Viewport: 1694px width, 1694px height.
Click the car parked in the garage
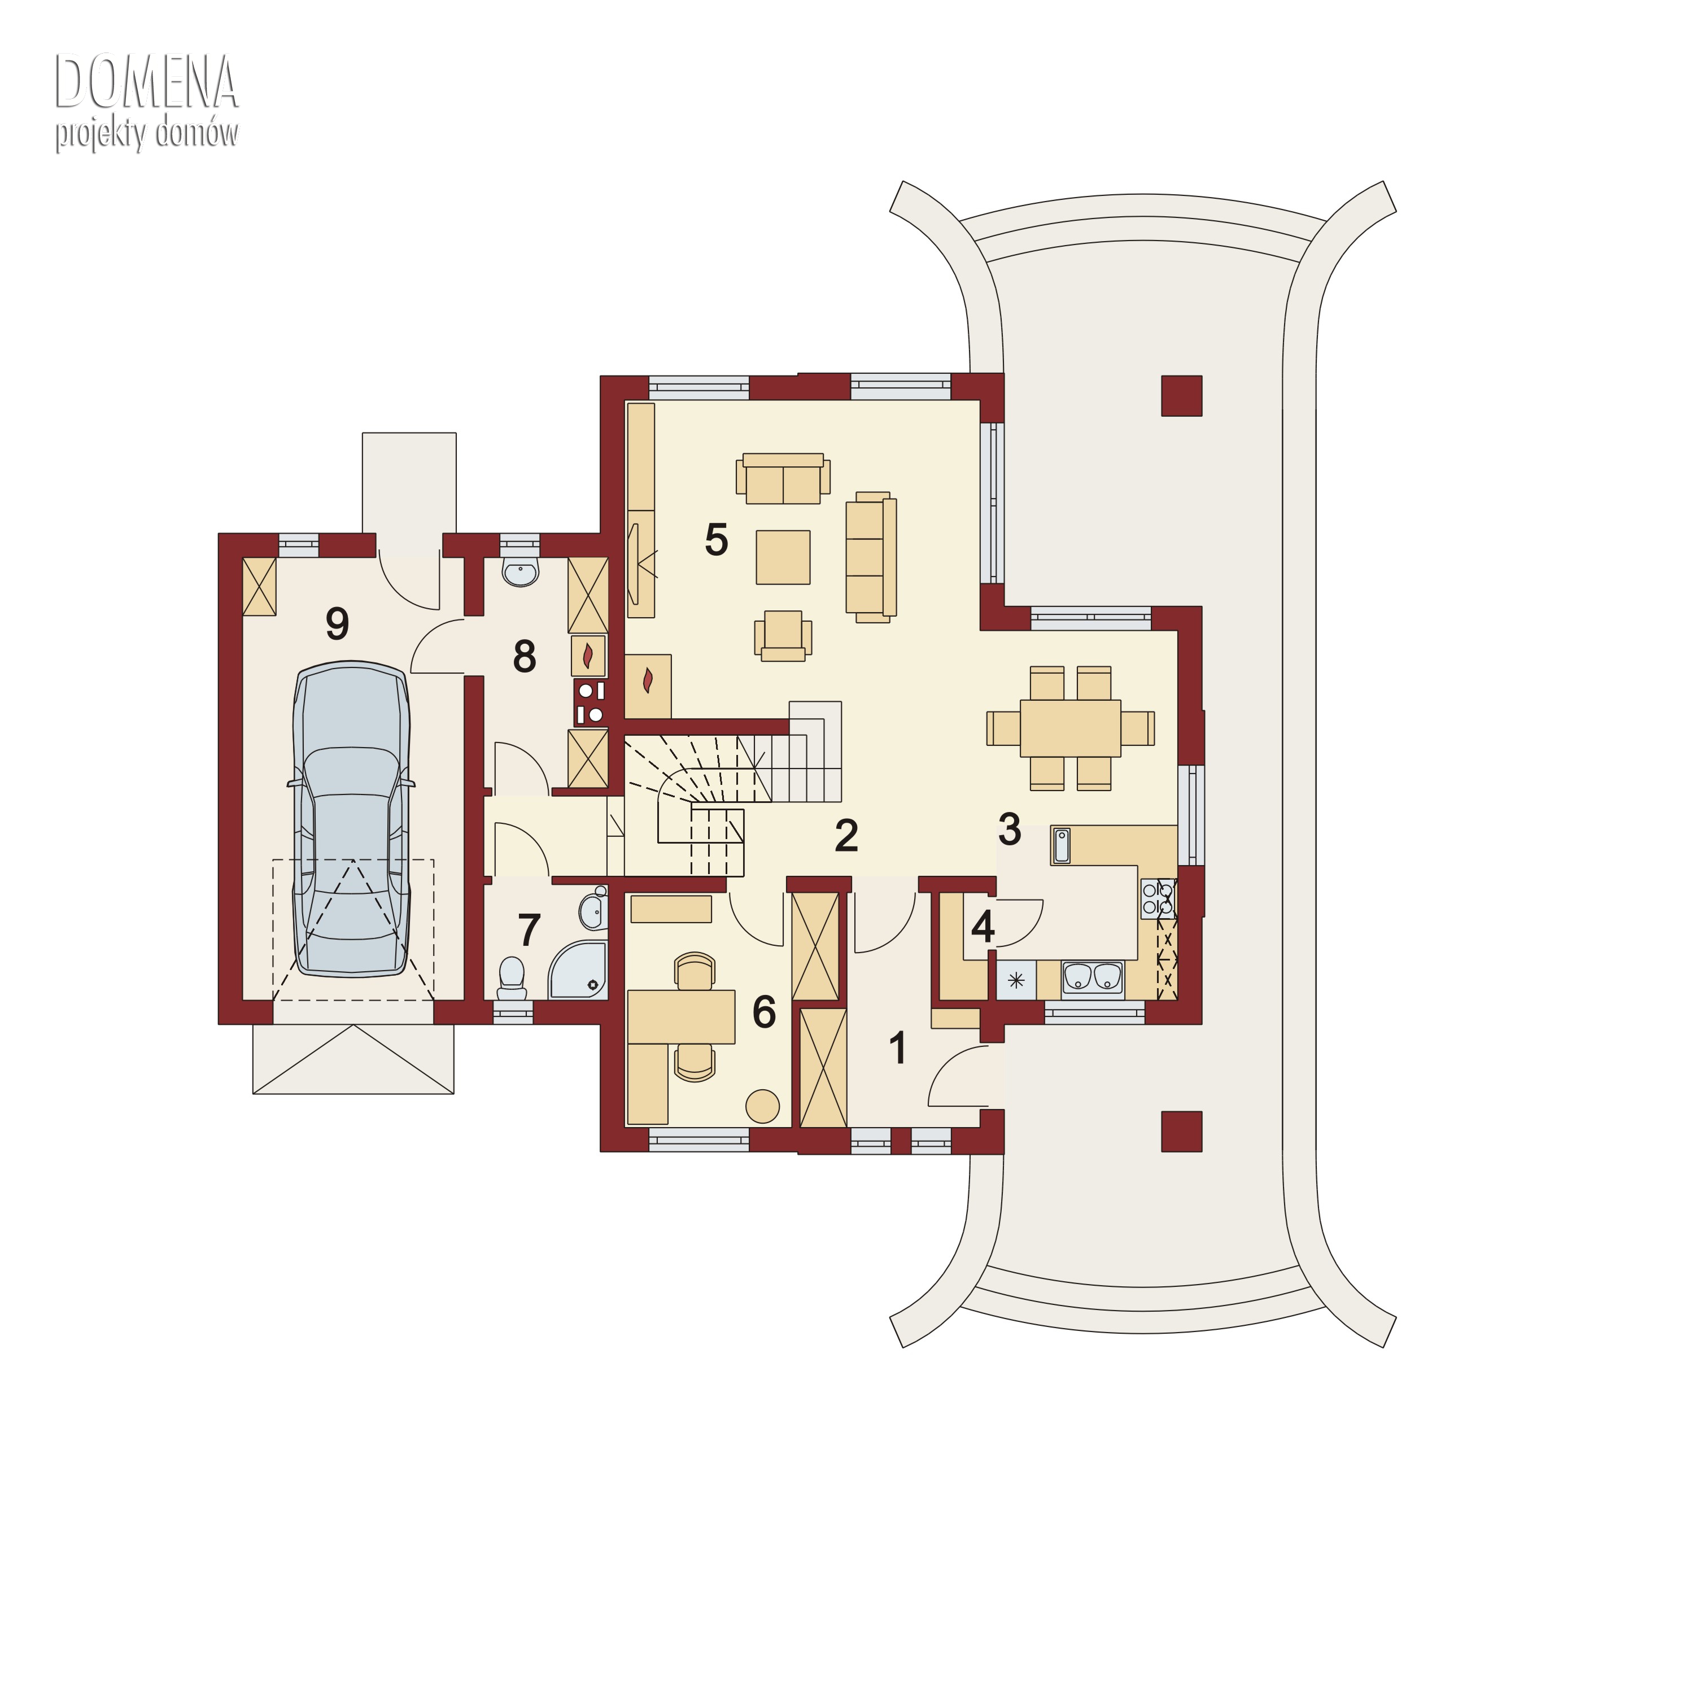[x=352, y=819]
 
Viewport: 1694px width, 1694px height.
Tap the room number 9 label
[x=338, y=623]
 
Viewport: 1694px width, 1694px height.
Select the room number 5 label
[x=717, y=540]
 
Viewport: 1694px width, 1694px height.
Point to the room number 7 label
[x=529, y=931]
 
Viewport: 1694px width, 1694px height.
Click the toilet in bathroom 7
[x=511, y=977]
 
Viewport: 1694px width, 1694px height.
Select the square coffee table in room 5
[x=783, y=557]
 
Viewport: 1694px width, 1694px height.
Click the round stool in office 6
[x=762, y=1107]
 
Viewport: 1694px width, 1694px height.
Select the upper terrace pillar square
[x=1181, y=395]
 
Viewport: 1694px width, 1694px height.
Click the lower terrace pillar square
[x=1181, y=1131]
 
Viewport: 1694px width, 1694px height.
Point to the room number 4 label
[x=983, y=927]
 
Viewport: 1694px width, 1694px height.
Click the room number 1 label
[x=898, y=1048]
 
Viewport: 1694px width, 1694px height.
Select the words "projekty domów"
[x=146, y=134]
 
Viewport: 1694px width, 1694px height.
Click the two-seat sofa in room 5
[x=783, y=479]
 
